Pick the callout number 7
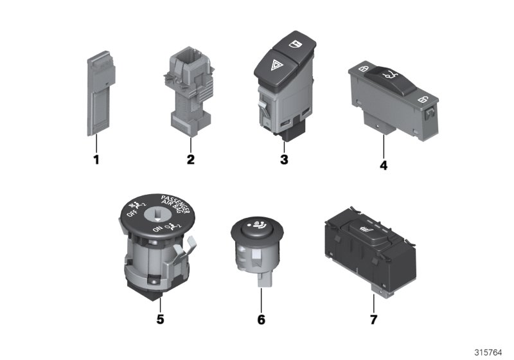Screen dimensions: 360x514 pos(375,318)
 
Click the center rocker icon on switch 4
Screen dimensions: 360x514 pos(388,76)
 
